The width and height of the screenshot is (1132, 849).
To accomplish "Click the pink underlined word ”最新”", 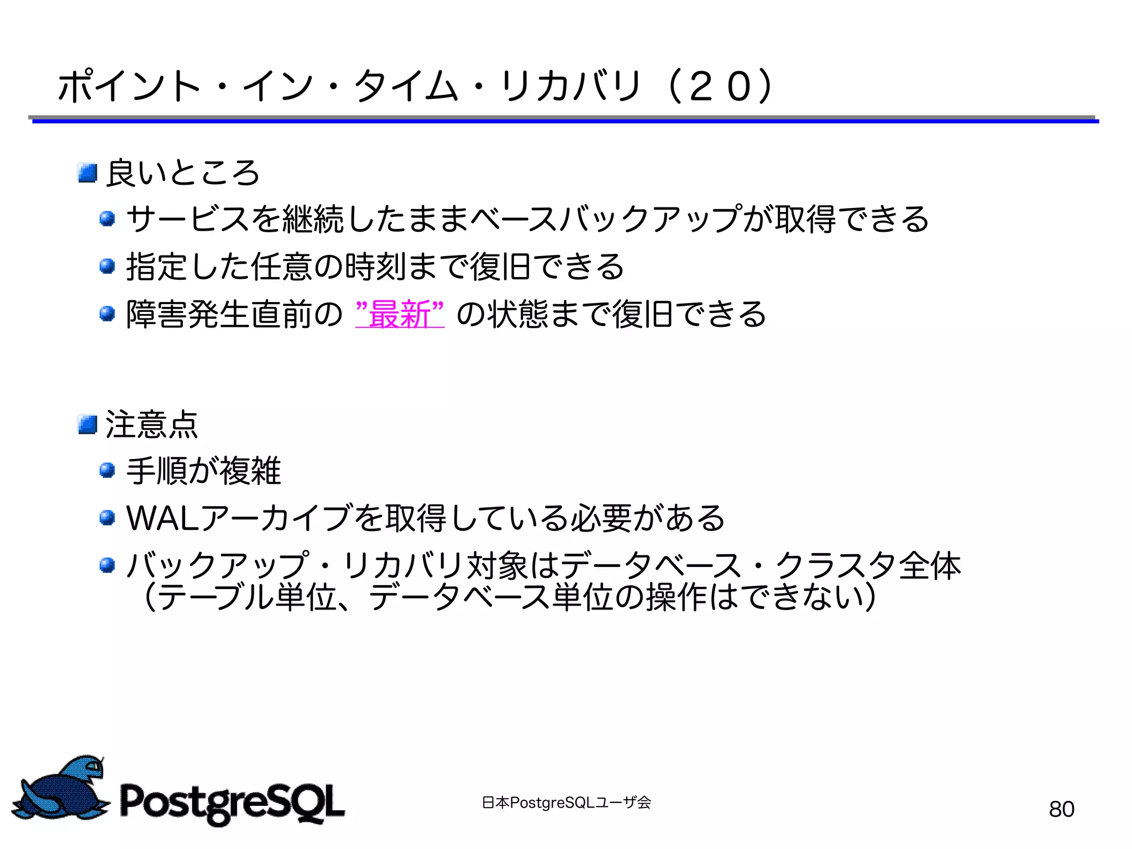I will (400, 314).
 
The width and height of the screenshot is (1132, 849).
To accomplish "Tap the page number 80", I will (1061, 809).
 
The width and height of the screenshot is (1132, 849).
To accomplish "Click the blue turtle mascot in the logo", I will (61, 788).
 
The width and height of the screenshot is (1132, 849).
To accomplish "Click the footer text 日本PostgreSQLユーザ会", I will (566, 802).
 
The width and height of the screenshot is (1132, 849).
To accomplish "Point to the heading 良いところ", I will (182, 173).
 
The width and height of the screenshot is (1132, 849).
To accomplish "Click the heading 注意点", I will (151, 424).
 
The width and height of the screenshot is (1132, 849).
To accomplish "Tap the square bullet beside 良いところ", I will (87, 173).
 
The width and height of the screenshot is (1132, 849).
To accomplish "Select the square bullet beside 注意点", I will (87, 424).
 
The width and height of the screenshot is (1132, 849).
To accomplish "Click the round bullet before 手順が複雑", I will (107, 471).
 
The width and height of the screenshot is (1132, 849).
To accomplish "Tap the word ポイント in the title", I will (129, 87).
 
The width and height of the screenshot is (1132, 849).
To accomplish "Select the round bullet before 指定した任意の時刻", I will (107, 267).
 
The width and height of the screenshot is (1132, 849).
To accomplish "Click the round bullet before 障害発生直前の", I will (107, 314).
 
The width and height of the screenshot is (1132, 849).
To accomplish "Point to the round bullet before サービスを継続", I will (107, 219).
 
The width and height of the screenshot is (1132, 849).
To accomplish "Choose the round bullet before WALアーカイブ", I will (107, 518).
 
